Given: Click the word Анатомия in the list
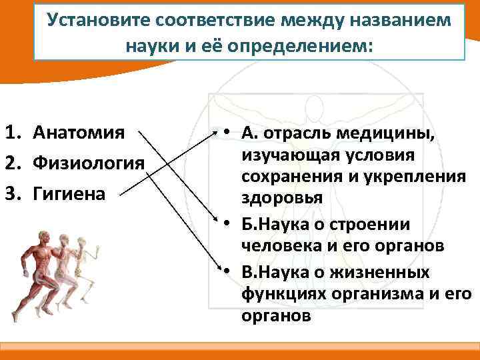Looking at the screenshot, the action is pyautogui.click(x=78, y=132).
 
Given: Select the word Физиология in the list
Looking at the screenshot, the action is pyautogui.click(x=88, y=163).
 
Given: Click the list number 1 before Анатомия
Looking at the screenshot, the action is pyautogui.click(x=11, y=132).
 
